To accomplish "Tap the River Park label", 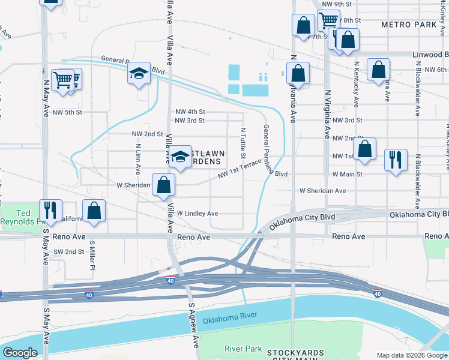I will tap(243, 349).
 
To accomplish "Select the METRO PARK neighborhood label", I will tap(408, 25).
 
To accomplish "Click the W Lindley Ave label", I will tap(197, 214).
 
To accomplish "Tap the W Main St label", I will tap(347, 174).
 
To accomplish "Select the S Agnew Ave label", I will tap(193, 325).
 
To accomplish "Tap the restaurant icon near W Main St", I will tap(396, 160).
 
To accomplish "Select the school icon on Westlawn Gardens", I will tap(179, 157).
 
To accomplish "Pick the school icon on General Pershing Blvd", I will tap(139, 74).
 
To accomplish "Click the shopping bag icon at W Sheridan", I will tap(163, 185).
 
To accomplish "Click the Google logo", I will tap(20, 353).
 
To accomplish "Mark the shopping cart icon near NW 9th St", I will tap(328, 20).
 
